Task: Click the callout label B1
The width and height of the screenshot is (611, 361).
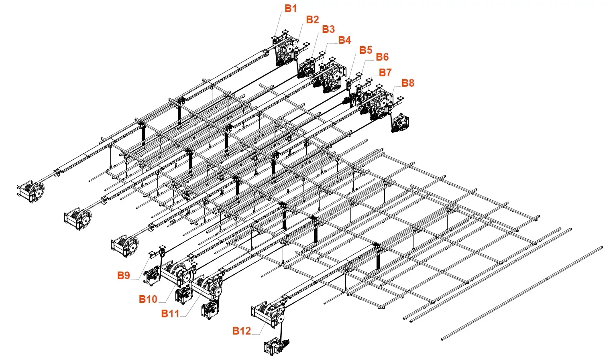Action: pos(291,8)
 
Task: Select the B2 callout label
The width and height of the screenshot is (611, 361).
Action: pos(312,20)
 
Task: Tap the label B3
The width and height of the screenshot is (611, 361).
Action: pos(328,29)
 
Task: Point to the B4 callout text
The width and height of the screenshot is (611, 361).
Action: pos(344,40)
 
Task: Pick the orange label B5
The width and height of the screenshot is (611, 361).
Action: pos(366,50)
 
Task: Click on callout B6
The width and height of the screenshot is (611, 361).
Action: pos(382,57)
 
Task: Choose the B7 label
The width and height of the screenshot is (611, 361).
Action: pos(385,73)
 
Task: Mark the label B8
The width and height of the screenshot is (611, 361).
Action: pos(408,83)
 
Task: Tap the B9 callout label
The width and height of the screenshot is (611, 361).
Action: pos(124,276)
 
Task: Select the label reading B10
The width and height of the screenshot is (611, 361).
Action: pos(148,299)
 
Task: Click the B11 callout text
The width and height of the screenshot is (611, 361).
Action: pos(170,314)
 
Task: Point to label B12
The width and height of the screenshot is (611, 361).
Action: pos(241,331)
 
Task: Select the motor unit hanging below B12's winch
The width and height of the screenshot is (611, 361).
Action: pos(276,346)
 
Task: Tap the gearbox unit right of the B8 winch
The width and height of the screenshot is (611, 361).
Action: pos(400,124)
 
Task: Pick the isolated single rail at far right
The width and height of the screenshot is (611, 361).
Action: pos(522,293)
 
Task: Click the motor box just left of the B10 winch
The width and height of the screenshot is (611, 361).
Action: pos(152,277)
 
